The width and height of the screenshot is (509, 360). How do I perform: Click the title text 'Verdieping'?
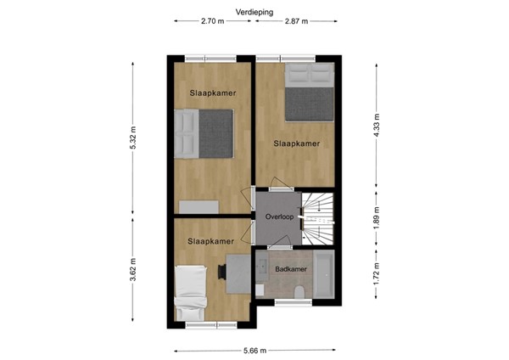[255, 11]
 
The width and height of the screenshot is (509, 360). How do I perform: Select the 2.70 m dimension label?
[212, 21]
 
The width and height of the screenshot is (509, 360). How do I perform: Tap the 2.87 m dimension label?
[297, 21]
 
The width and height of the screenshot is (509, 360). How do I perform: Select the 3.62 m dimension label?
[132, 272]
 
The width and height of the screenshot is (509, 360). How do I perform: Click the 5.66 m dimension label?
[254, 350]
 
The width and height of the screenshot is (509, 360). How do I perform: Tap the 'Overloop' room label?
[278, 217]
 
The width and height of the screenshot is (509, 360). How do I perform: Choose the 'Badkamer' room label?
[291, 269]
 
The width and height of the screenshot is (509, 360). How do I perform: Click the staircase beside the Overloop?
[319, 217]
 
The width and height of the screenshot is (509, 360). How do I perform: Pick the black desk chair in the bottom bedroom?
[221, 271]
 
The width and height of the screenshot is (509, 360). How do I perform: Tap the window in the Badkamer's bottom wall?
[294, 302]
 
